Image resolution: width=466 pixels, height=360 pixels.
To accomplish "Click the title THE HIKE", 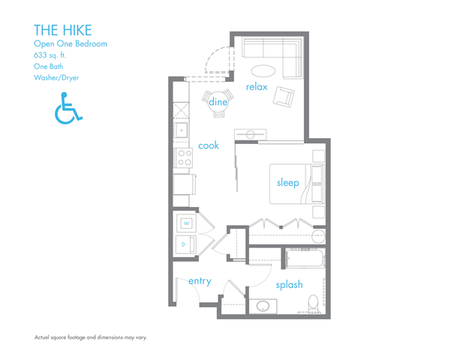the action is (x=63, y=30).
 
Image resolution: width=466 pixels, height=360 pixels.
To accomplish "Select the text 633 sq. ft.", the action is (x=50, y=55).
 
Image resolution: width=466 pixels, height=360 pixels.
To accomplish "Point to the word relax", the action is (x=257, y=87).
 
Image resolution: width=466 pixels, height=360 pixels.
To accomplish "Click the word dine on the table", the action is (x=218, y=102).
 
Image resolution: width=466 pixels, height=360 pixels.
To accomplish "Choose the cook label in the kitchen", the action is (x=209, y=145).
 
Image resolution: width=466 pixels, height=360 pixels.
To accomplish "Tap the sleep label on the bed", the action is (x=287, y=183).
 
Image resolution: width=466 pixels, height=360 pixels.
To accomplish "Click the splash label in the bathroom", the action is (x=289, y=284).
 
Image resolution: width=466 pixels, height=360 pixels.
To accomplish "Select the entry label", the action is (x=200, y=281).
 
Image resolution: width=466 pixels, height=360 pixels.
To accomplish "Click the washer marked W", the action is (x=186, y=223).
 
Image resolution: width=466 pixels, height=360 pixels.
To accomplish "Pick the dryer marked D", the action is (x=186, y=244).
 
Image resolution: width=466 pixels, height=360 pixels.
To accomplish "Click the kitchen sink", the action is (x=181, y=130).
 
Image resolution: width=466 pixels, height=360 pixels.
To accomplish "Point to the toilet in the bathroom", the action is (x=313, y=304).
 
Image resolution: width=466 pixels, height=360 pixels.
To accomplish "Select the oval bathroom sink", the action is (x=263, y=306).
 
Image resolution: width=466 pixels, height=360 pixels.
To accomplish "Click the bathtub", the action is (x=305, y=259).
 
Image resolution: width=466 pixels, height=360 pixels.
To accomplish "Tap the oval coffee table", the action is (x=263, y=70).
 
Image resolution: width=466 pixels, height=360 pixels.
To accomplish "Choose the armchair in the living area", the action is (x=284, y=97).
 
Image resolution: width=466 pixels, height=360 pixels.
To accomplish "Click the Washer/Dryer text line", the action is (x=56, y=78).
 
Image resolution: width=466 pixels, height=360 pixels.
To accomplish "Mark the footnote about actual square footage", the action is (x=91, y=337).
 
